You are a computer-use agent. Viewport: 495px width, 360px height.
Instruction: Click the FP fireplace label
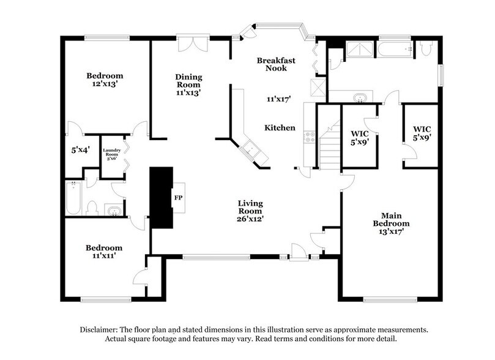(x=178, y=198)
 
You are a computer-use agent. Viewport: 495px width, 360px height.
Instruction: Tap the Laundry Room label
(x=111, y=154)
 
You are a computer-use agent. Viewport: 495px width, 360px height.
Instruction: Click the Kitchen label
(x=280, y=128)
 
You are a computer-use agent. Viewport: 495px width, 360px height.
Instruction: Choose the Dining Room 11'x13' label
(x=188, y=85)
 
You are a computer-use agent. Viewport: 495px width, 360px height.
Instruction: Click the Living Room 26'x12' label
(x=251, y=211)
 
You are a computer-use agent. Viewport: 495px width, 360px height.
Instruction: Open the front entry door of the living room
(x=299, y=251)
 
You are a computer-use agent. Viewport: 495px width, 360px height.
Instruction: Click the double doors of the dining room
(x=193, y=43)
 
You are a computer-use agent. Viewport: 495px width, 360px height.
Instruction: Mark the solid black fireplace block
(x=162, y=198)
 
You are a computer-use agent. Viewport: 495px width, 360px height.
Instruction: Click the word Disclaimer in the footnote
(x=99, y=329)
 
